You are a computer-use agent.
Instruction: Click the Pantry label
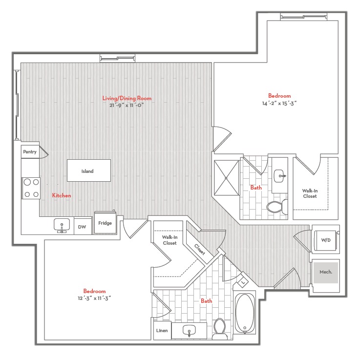[30, 152]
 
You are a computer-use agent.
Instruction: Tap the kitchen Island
[89, 170]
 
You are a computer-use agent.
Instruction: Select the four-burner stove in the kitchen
[31, 188]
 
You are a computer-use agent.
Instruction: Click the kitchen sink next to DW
[62, 225]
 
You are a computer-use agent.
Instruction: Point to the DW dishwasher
[83, 227]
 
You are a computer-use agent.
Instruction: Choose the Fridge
[105, 223]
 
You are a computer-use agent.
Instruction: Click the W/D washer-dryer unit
[325, 240]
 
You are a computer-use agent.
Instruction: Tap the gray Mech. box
[326, 273]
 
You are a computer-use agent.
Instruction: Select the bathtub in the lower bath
[245, 313]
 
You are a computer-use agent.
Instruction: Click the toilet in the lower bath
[219, 329]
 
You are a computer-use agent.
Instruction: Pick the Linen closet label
[162, 330]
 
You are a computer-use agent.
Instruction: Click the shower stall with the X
[227, 178]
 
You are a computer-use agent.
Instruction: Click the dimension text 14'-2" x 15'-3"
[279, 104]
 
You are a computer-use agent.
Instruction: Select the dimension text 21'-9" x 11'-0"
[127, 105]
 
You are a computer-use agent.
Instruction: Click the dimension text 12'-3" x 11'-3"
[94, 298]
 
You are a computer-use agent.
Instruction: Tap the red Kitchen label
[62, 195]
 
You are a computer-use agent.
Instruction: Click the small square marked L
[243, 282]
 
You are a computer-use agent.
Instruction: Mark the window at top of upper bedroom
[304, 17]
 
